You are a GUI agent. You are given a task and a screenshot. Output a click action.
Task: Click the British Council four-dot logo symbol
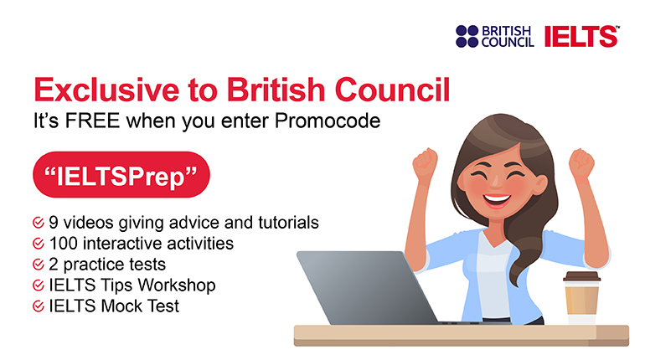coord(467,36)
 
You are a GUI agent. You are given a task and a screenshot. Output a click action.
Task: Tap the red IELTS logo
coord(581,36)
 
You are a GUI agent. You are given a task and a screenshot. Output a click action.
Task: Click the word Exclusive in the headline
coord(106,90)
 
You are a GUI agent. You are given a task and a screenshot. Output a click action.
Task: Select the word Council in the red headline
coord(392,90)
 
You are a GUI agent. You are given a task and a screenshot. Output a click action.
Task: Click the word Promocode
coord(328,121)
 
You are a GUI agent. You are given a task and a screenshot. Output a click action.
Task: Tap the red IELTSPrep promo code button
coord(121,175)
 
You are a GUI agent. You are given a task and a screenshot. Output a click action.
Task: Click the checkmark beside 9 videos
coord(39,223)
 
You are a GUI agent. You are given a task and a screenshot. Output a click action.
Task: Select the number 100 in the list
coord(64,244)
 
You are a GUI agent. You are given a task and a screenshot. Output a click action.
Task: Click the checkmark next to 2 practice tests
coord(39,265)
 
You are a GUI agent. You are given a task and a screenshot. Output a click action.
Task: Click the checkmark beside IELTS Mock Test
coord(39,306)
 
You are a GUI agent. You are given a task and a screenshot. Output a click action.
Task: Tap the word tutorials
coord(288,223)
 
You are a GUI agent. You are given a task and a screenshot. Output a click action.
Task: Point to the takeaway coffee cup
coord(581,298)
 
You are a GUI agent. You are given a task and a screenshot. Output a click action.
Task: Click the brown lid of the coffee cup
coord(581,276)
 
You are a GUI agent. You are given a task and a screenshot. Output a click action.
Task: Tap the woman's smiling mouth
coord(497,201)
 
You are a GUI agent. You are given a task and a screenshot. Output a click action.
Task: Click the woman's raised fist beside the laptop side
coord(425,163)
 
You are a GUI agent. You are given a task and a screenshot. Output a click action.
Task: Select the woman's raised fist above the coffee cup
coord(581,163)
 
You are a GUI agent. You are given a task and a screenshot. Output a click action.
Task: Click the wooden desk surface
coord(461,335)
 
